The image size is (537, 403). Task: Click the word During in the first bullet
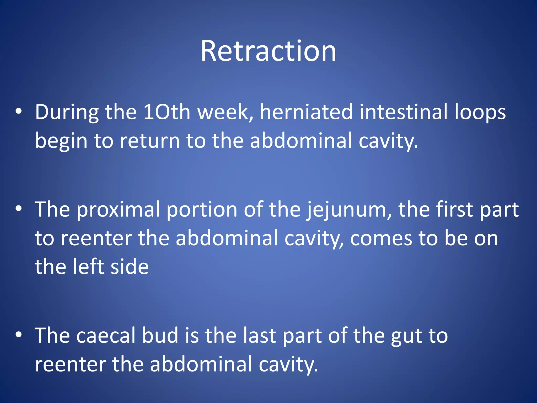pos(67,112)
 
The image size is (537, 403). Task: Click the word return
pos(150,141)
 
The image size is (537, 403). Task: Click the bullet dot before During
pos(18,111)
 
